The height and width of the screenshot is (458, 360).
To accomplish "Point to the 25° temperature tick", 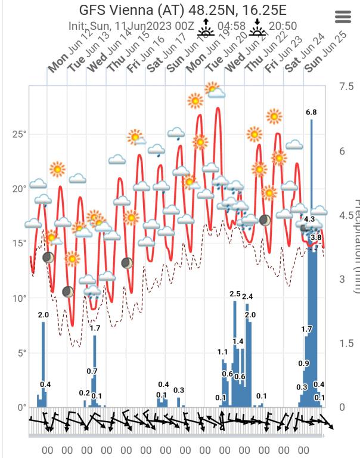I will (x=19, y=134).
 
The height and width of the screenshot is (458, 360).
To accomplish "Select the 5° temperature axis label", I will (x=21, y=352).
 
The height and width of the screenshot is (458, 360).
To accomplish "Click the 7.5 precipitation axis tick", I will (x=346, y=86).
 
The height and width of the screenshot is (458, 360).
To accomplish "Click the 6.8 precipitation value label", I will (x=311, y=112).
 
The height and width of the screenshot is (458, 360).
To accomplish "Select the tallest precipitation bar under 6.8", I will (x=311, y=262).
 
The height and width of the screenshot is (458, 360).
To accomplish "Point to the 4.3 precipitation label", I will (x=309, y=219).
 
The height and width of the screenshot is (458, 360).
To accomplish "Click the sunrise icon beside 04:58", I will (x=206, y=26).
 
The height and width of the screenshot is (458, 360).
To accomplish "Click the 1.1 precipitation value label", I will (x=224, y=352).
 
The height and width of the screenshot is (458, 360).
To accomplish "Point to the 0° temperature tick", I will (x=21, y=407).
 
